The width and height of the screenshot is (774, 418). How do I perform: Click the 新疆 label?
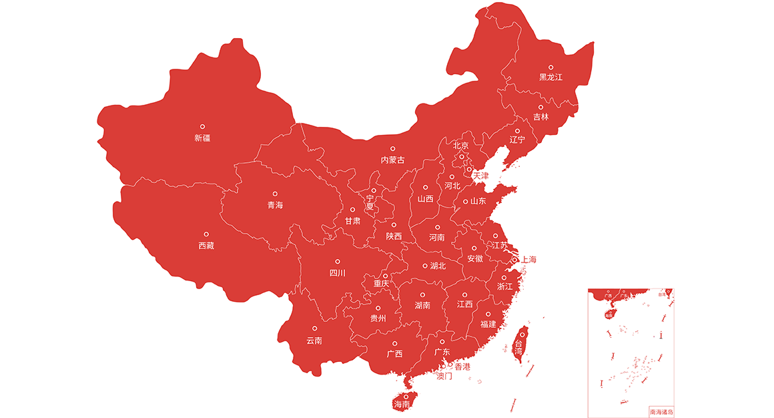click(202, 138)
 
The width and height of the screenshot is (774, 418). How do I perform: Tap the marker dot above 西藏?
click(206, 234)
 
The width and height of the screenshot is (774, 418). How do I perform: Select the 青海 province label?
click(275, 205)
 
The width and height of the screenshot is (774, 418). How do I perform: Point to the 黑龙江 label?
click(551, 77)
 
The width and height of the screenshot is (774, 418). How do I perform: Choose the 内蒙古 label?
click(392, 160)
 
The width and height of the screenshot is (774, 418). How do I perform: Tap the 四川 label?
click(338, 273)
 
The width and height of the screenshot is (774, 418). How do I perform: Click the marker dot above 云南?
click(315, 329)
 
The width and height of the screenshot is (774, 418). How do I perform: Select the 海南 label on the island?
click(402, 405)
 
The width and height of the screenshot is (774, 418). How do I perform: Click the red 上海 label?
click(529, 259)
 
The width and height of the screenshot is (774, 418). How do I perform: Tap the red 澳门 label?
click(444, 376)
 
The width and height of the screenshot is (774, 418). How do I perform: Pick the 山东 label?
click(478, 201)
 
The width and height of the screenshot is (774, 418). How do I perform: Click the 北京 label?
click(461, 146)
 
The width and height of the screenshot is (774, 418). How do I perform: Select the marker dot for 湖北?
click(425, 266)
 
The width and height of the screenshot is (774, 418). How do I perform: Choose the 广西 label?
click(395, 354)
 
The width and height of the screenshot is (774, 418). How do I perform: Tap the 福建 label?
click(488, 325)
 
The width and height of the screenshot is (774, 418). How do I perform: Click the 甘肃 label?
click(352, 221)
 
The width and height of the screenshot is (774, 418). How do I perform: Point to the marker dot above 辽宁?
click(517, 131)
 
